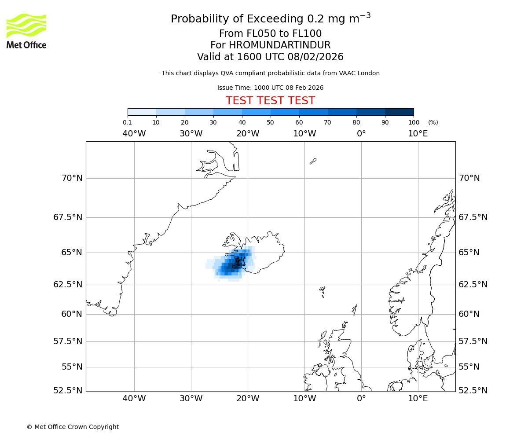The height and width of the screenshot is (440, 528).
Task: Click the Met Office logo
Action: (26, 31)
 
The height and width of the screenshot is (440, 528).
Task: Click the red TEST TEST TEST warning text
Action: (270, 101)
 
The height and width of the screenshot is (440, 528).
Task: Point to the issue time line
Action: (270, 88)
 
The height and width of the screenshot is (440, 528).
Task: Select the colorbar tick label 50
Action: (270, 122)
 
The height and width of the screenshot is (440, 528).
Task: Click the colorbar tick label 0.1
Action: (127, 122)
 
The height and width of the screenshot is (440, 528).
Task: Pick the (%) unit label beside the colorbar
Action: (433, 122)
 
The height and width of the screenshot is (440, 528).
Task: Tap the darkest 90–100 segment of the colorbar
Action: (399, 112)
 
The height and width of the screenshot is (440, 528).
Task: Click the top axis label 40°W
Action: (134, 134)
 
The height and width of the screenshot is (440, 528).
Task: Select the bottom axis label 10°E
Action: (418, 399)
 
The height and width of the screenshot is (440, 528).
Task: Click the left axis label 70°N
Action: (71, 178)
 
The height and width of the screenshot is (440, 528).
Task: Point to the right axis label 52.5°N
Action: (473, 390)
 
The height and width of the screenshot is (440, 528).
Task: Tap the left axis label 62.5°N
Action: (68, 285)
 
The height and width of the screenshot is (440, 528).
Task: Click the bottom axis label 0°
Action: (361, 399)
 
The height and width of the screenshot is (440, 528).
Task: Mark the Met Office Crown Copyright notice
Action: (73, 427)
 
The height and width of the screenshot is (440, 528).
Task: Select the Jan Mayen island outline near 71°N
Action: (313, 161)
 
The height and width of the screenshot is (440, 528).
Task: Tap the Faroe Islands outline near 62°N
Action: (323, 291)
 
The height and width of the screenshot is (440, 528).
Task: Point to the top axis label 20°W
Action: (248, 134)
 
